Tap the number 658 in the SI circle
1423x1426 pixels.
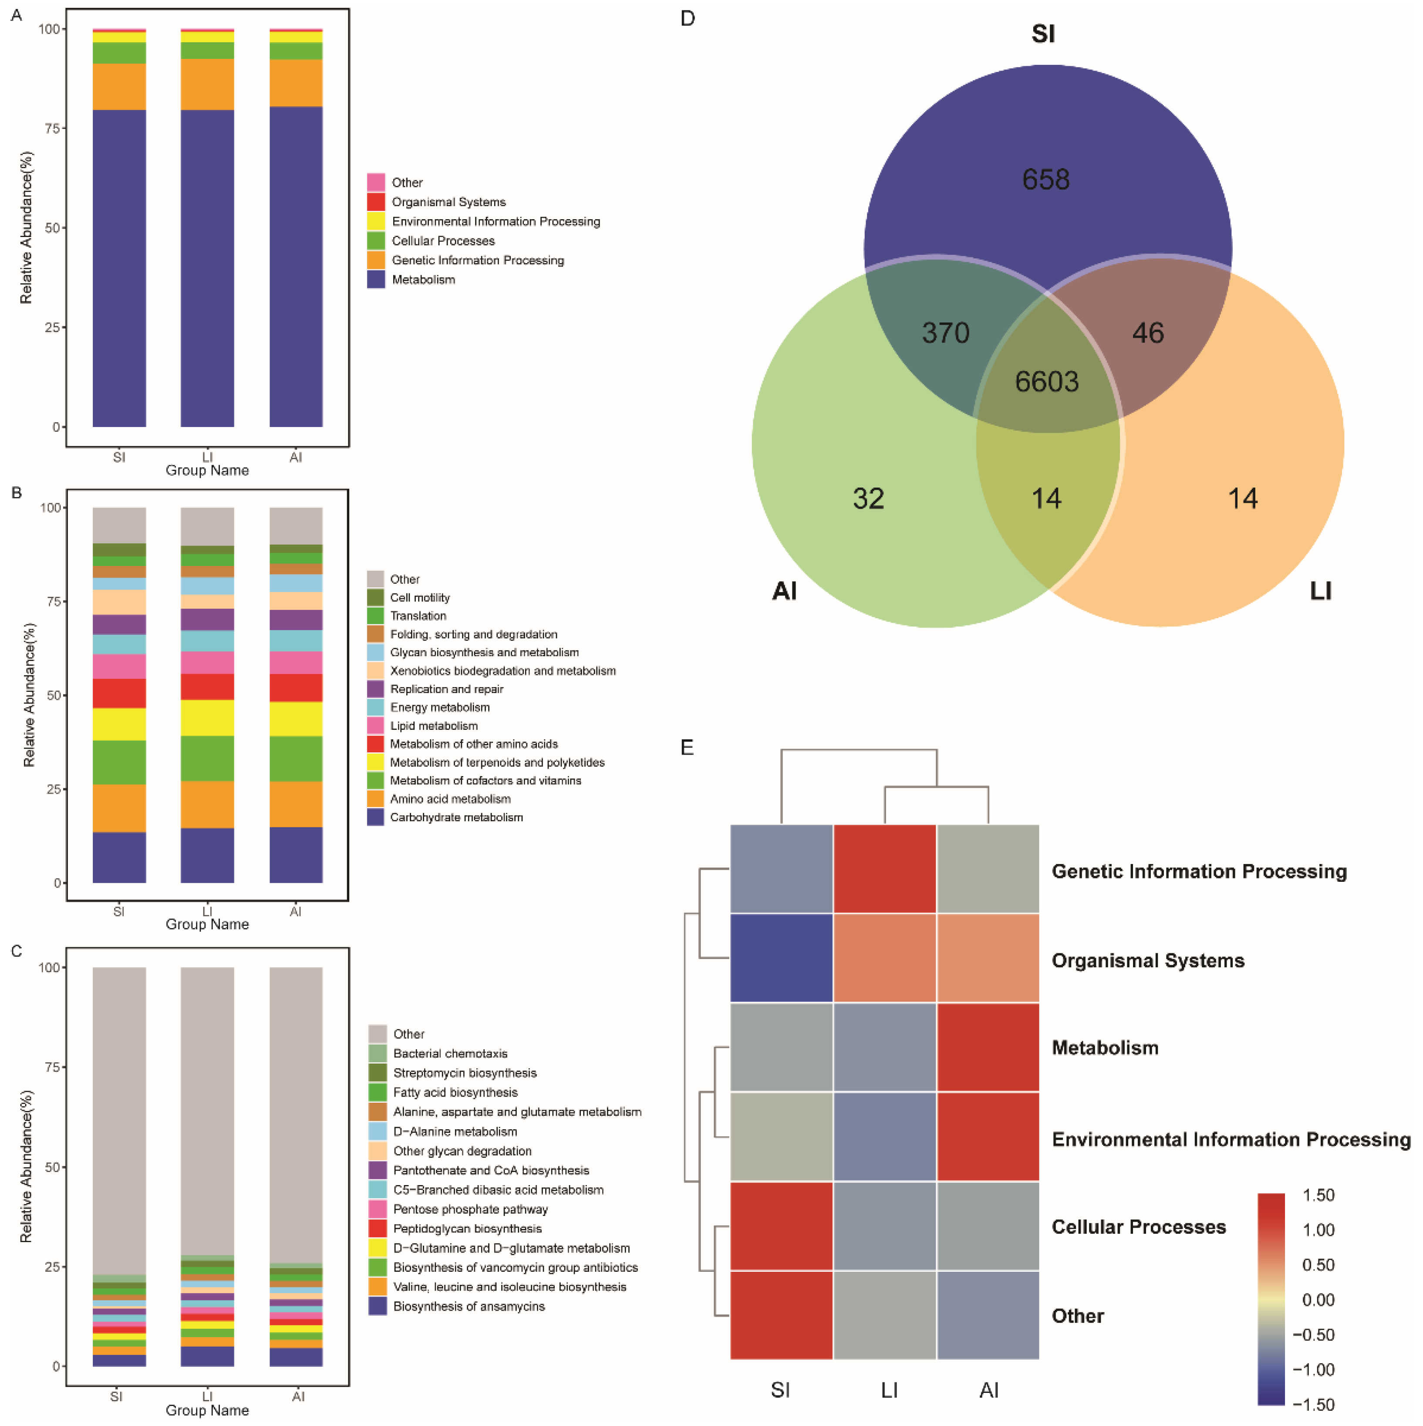(1045, 180)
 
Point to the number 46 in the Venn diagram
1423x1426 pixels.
(1148, 333)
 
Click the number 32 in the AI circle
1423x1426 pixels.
(868, 499)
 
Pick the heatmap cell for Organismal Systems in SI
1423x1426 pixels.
(781, 958)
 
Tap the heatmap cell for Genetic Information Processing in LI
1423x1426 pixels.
(884, 869)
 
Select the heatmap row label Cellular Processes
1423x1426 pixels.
(1138, 1227)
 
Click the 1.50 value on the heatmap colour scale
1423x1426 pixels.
(1318, 1195)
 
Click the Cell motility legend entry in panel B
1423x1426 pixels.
(420, 598)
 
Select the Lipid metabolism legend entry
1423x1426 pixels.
(434, 725)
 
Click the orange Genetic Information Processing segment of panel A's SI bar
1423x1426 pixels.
(119, 87)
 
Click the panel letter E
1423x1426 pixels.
(687, 748)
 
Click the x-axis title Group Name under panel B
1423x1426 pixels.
(207, 924)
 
